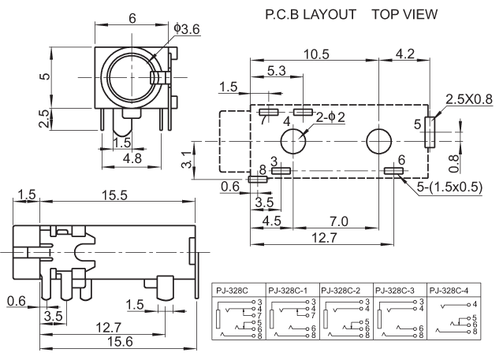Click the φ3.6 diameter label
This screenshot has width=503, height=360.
(x=188, y=29)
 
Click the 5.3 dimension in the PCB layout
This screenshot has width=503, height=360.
(x=277, y=71)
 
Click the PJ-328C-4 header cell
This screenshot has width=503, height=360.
(x=449, y=289)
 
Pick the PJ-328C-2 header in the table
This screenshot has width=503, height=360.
(x=345, y=289)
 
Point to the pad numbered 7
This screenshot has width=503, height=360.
(x=268, y=113)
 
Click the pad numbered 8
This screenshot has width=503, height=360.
(x=257, y=180)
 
